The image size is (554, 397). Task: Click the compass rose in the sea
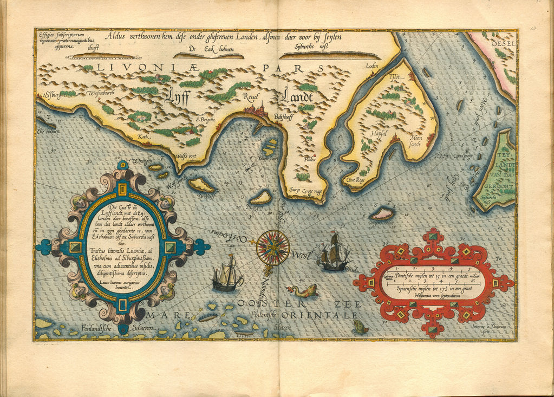(x=272, y=248)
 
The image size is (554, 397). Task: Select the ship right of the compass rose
(x=333, y=252)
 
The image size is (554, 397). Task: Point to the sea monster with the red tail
(x=302, y=291)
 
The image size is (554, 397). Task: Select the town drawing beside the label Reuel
(x=257, y=109)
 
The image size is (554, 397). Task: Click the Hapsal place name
(x=379, y=132)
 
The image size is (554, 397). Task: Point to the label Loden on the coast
(x=371, y=66)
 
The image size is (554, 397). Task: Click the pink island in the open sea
(x=382, y=214)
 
